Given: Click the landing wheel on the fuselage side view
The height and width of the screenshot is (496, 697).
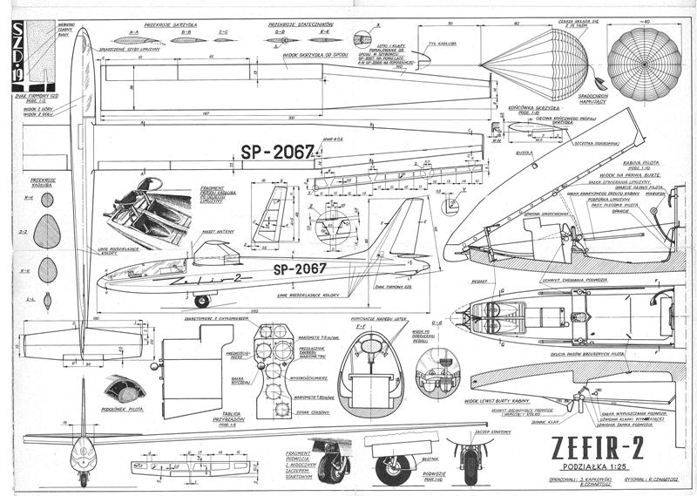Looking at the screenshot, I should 201,302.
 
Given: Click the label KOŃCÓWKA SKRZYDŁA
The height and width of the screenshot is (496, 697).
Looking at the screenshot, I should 528,108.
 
